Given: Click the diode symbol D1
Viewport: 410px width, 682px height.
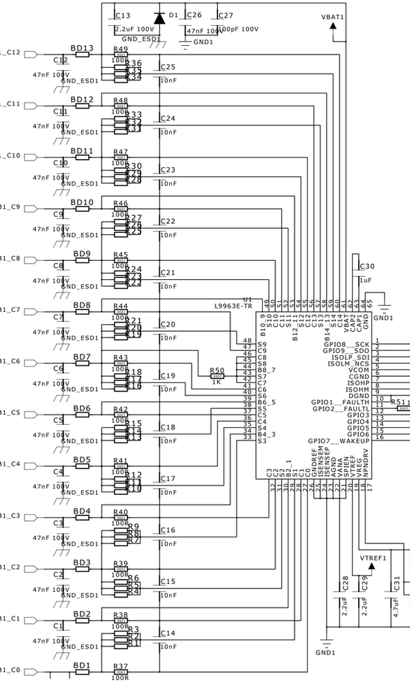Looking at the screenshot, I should [159, 18].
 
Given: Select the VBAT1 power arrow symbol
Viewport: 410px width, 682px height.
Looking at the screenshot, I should [333, 25].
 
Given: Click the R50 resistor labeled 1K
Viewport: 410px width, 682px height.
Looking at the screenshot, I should [218, 375].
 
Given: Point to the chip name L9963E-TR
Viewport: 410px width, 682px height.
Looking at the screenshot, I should [233, 306].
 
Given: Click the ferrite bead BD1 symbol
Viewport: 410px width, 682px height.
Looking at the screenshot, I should [82, 672].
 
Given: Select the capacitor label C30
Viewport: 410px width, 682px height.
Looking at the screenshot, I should [367, 266].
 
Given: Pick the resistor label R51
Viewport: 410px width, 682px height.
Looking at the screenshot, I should [400, 402].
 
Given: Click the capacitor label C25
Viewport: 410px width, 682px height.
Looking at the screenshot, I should [168, 67].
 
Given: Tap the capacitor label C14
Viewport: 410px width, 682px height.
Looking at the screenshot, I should [168, 634].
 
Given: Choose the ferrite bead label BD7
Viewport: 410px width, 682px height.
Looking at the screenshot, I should [82, 356].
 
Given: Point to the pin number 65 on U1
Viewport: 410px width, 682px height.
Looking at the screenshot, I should [368, 301].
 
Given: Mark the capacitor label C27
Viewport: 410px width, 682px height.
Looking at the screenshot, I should [226, 15].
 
